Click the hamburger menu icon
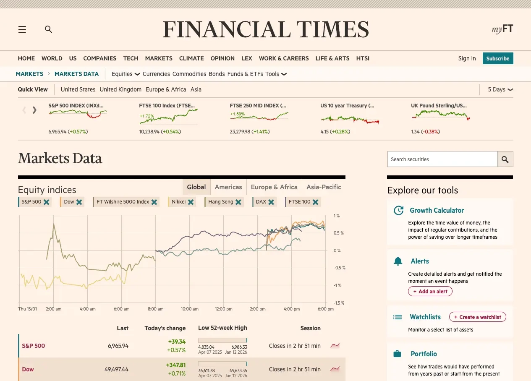(22, 29)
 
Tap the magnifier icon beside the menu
(49, 29)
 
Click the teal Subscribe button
(497, 58)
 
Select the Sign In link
(467, 58)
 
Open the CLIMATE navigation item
(191, 58)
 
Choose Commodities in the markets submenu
(189, 74)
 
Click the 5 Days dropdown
(500, 89)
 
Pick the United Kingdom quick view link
(120, 89)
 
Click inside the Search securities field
(442, 159)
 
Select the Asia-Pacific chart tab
(324, 187)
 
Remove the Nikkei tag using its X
(191, 202)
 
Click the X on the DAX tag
(271, 202)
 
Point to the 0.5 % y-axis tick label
(338, 233)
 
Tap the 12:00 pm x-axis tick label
(224, 309)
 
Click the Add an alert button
(430, 292)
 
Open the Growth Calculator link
(437, 210)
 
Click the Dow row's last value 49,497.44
(116, 369)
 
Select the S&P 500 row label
(34, 346)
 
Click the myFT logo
(502, 29)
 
